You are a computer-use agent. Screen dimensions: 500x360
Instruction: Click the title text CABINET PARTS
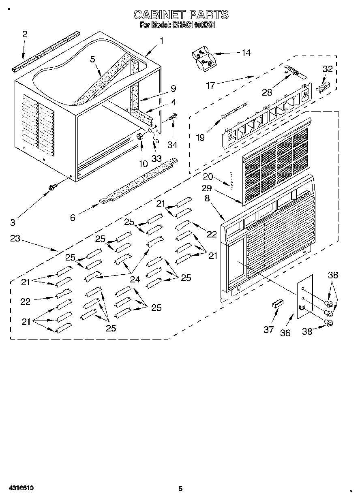click(181, 15)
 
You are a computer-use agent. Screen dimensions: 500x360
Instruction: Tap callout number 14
click(246, 53)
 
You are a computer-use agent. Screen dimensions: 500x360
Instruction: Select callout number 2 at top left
click(24, 34)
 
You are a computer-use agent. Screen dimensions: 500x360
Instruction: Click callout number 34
click(173, 145)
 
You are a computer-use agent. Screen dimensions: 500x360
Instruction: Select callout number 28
click(267, 92)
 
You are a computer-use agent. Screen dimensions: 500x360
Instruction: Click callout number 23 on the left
click(15, 238)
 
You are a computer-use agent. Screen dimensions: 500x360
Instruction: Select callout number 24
click(135, 279)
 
